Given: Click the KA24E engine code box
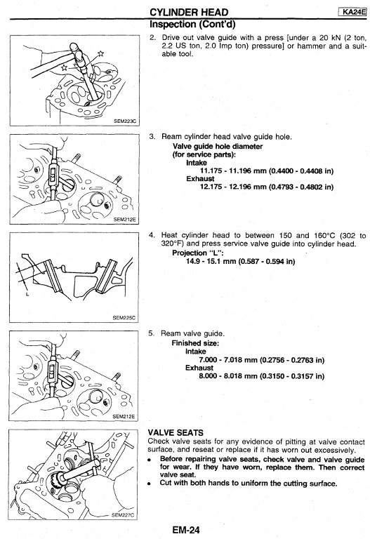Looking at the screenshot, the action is point(352,12).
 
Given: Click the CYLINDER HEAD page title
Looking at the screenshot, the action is point(189,13).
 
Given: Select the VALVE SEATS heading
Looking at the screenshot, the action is point(176,433).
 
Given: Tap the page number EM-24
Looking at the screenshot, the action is point(186,530).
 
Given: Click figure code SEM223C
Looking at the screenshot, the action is point(125,121).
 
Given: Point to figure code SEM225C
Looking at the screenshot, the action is point(124,318).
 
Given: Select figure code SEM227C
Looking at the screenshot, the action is point(123,515).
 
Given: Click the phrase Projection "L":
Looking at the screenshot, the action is point(198,253).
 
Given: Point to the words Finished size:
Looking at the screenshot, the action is point(195,343).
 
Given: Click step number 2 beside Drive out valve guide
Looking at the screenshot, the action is point(152,37).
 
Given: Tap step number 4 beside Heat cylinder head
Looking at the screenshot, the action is point(152,236).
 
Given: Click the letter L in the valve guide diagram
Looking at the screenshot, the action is point(27,294).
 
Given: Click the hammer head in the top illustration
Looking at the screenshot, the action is point(76,51).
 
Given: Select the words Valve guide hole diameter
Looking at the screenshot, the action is point(218,147).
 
